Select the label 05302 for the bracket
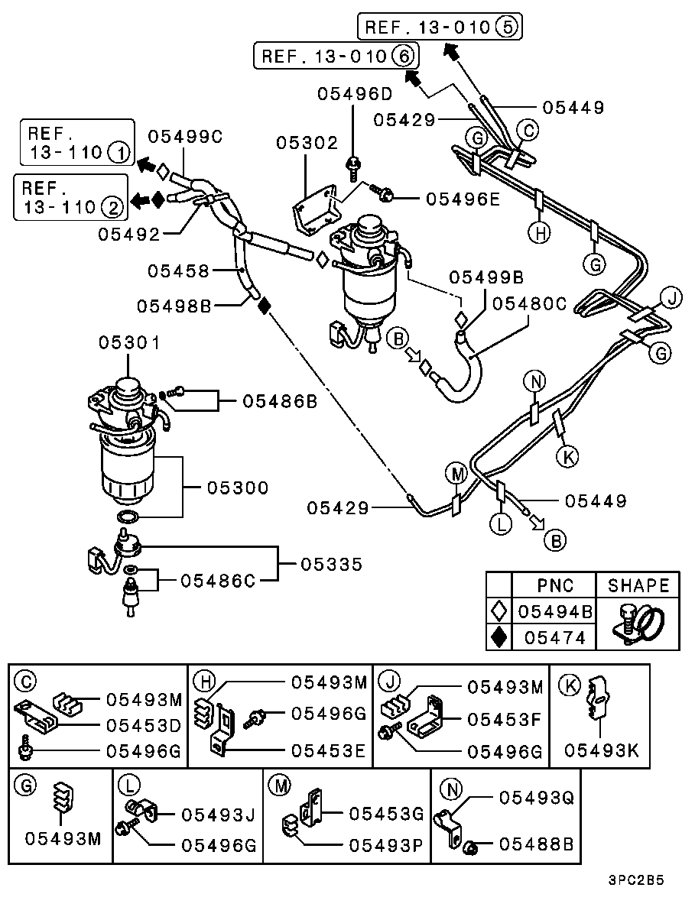click(x=307, y=143)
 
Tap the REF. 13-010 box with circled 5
click(x=440, y=28)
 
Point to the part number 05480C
click(x=529, y=304)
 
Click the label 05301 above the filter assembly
click(x=129, y=343)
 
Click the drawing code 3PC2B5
click(x=636, y=879)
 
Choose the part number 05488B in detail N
click(x=536, y=844)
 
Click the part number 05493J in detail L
click(x=218, y=815)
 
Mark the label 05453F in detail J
click(x=505, y=719)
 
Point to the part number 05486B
click(x=281, y=400)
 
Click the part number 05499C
click(x=185, y=137)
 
